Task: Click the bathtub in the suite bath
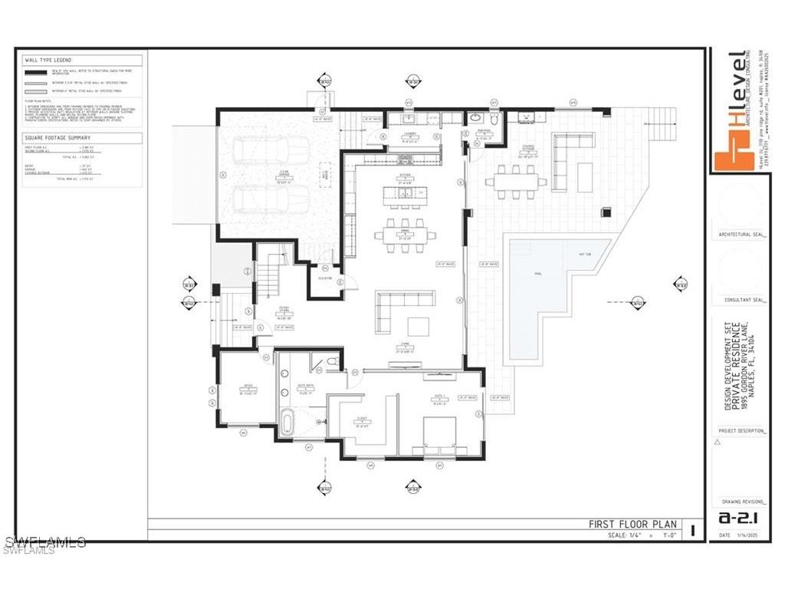click(286, 423)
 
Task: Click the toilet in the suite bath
click(333, 360)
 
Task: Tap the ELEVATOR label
click(324, 278)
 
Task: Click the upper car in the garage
click(261, 152)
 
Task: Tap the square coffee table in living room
click(419, 327)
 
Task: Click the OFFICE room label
click(248, 386)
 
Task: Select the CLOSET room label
click(360, 421)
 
